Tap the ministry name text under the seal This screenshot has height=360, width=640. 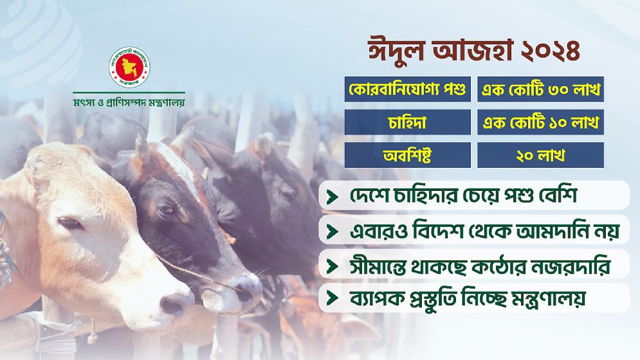coord(129,101)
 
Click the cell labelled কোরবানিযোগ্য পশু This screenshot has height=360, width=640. coord(408,89)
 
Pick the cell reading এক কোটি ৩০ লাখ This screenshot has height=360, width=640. coord(540,89)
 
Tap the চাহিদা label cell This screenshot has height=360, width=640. coord(408,122)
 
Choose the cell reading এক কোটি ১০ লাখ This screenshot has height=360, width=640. coord(540,122)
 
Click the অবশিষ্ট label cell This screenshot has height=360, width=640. coord(408,155)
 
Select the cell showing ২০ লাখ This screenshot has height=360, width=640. coord(540,155)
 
